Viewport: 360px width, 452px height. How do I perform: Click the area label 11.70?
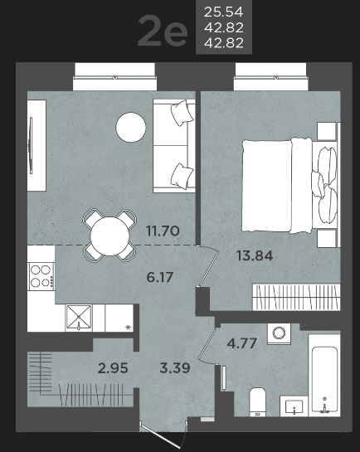tap(163, 231)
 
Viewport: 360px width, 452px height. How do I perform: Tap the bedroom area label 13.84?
tap(255, 255)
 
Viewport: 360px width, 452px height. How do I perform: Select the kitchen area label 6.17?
tap(160, 277)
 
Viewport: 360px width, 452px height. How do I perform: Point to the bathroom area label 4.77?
tap(242, 343)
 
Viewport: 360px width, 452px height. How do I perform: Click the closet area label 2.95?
tap(113, 368)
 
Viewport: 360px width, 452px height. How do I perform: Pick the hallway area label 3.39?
tap(175, 368)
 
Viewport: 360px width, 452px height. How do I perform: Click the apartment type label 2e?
tap(163, 32)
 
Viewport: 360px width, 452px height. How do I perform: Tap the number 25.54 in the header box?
tap(224, 12)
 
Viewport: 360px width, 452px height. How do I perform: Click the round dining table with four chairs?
tap(109, 236)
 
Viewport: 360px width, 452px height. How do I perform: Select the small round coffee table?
tap(131, 127)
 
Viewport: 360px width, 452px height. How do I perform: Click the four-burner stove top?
tap(41, 276)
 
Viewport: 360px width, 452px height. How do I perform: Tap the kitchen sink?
tap(79, 318)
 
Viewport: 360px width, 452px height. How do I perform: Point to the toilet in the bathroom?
tap(258, 402)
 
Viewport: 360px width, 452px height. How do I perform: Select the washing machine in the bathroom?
tap(279, 333)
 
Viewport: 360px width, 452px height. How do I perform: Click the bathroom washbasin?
tap(294, 406)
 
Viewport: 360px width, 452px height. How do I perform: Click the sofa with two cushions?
tap(174, 146)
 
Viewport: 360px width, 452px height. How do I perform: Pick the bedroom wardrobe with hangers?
tap(296, 297)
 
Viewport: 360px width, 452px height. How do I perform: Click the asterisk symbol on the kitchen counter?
tap(129, 327)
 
